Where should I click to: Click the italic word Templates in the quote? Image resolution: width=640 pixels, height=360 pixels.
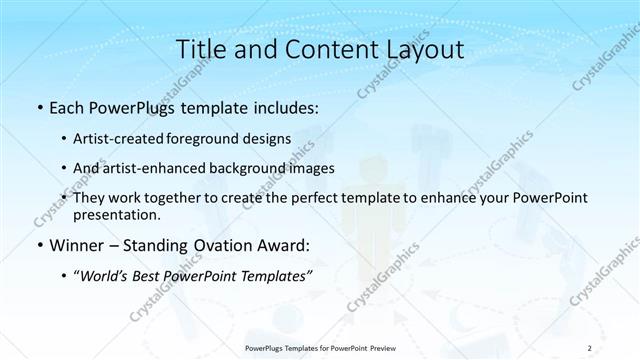coord(273,276)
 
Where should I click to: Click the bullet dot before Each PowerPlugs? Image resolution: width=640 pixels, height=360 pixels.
coord(38,106)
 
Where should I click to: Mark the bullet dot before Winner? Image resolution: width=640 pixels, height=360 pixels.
coord(38,244)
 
